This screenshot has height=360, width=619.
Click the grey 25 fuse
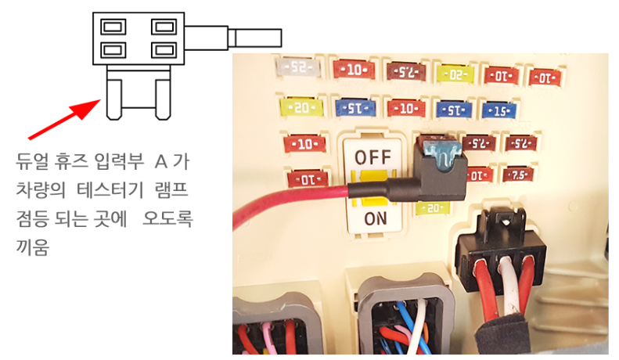[x=298, y=67]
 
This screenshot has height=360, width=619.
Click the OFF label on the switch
[x=372, y=157]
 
